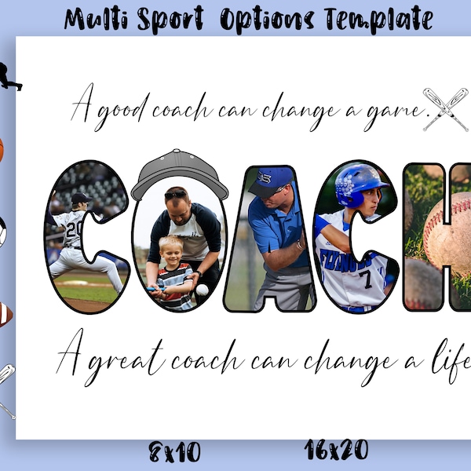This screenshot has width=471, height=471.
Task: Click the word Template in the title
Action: pyautogui.click(x=385, y=18)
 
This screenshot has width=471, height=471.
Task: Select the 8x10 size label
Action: pyautogui.click(x=175, y=451)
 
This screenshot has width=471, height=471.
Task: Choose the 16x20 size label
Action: pyautogui.click(x=335, y=449)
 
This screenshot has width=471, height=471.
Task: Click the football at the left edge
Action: pyautogui.click(x=4, y=314)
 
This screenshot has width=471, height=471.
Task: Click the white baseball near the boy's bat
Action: pyautogui.click(x=203, y=290)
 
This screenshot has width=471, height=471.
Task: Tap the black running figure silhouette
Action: pyautogui.click(x=9, y=76)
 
